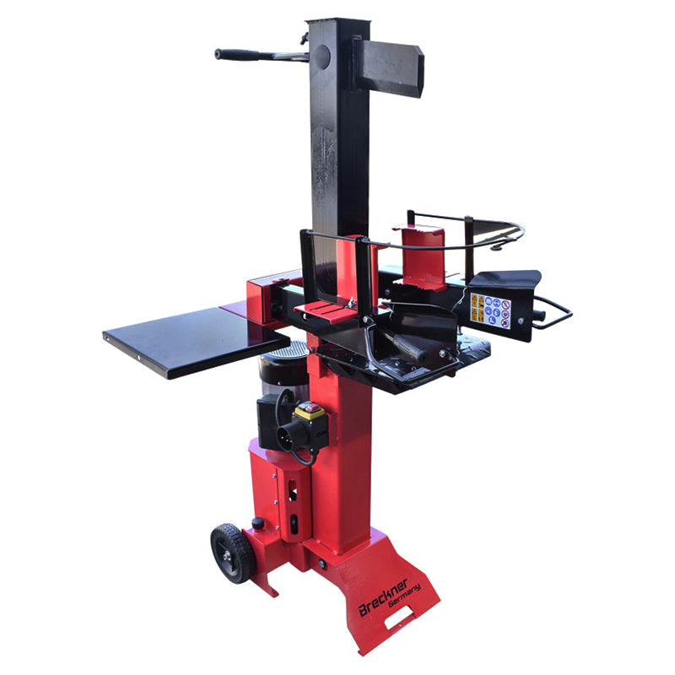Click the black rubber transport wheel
(231, 553)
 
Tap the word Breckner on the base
(383, 597)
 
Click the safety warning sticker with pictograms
(491, 310)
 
